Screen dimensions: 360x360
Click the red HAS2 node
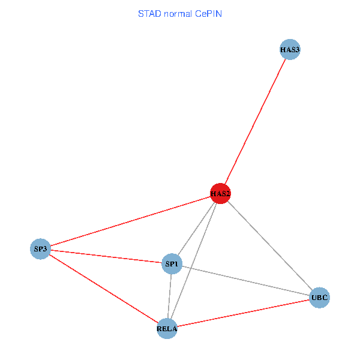(220, 193)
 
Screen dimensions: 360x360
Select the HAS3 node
(290, 50)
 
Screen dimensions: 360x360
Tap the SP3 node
(40, 248)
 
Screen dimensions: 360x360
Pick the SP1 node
(172, 264)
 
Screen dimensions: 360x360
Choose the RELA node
(167, 328)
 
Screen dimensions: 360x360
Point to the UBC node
(319, 298)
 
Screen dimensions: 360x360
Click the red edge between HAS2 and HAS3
(255, 122)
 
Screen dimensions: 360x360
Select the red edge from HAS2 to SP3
(130, 221)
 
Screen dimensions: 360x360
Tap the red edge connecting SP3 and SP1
(106, 256)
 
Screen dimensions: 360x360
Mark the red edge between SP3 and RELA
(103, 288)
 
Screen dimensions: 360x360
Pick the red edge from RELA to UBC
(243, 313)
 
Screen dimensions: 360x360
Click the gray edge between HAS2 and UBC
(270, 245)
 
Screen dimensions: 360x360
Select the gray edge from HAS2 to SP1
(196, 229)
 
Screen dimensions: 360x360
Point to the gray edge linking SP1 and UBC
(245, 281)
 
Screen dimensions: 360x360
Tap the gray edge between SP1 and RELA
(169, 296)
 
